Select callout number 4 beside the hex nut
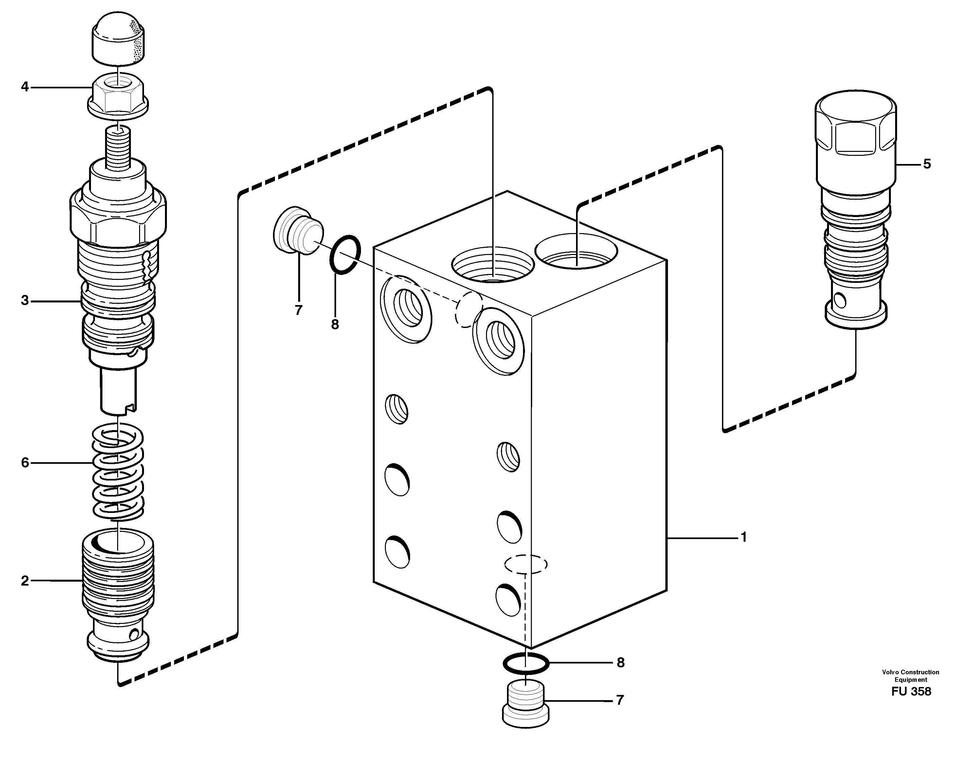click(25, 87)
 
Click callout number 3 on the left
click(25, 301)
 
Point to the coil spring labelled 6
click(118, 472)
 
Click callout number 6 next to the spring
click(25, 463)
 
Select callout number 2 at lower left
click(25, 581)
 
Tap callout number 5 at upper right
click(927, 164)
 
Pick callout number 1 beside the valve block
click(744, 537)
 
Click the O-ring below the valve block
click(525, 664)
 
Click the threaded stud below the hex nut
click(118, 146)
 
